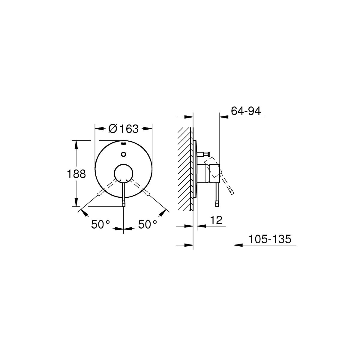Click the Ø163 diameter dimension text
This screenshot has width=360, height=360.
[x=124, y=129]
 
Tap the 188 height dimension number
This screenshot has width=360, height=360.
[x=76, y=174]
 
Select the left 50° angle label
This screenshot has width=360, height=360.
[x=100, y=224]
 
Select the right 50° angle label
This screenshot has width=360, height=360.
[x=148, y=224]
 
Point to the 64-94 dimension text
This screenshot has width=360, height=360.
[x=246, y=111]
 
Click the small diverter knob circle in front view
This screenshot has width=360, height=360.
[x=124, y=154]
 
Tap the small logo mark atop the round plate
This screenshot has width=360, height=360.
[x=124, y=144]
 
